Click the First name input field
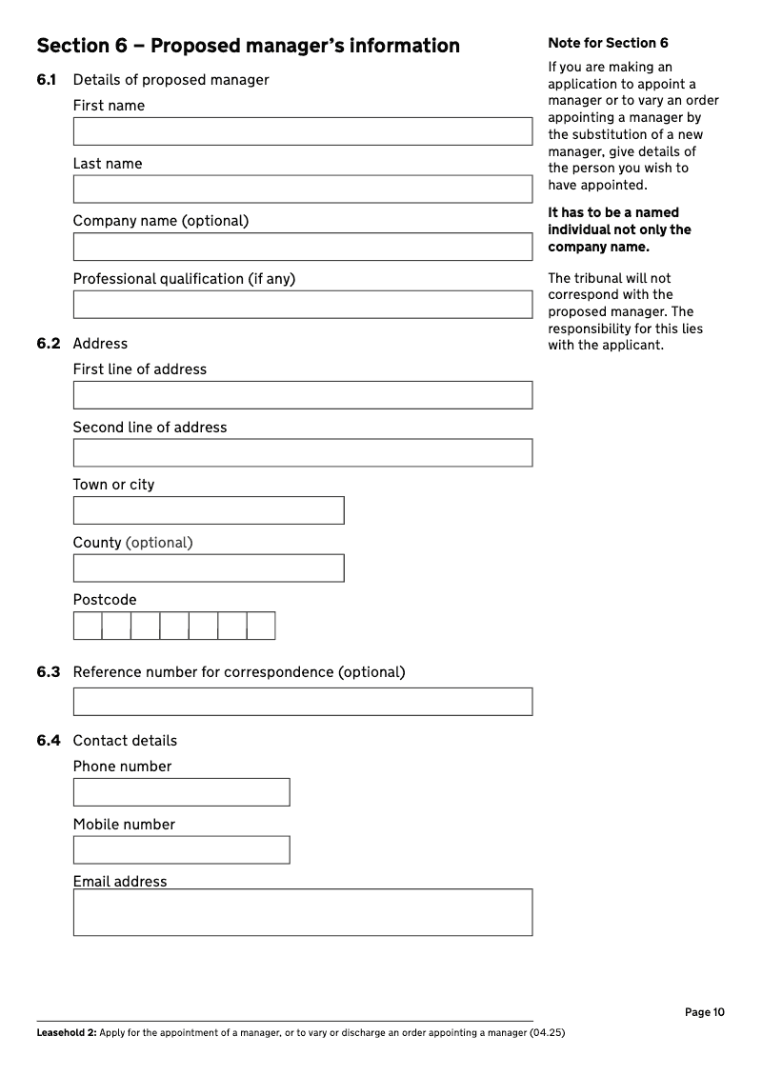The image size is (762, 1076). coord(302,131)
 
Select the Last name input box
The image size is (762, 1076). coord(302,189)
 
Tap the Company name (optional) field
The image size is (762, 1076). coord(302,247)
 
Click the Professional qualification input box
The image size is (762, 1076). coord(302,305)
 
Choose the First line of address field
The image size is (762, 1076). coord(302,395)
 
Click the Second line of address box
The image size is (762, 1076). coord(302,453)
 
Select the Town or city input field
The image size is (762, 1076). coord(209,510)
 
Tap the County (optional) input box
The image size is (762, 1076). coord(209,568)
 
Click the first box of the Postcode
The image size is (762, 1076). coord(88,626)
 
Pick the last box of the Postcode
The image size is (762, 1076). coord(261,626)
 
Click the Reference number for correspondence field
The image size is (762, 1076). coord(302,702)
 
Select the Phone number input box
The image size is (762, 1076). coord(181,792)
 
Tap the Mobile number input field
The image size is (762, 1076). coord(181,850)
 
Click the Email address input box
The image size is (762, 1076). coord(302,912)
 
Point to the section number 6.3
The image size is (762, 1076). coord(49,672)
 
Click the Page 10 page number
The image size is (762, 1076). coord(705,1012)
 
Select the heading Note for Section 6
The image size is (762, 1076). coord(608,43)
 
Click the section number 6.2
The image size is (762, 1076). coord(49,344)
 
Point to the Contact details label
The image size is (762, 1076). coord(125,741)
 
